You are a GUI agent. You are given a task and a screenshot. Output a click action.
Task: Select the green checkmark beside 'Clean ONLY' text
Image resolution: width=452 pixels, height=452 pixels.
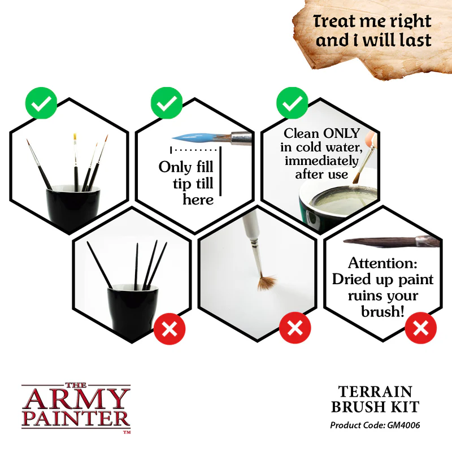pos(292,103)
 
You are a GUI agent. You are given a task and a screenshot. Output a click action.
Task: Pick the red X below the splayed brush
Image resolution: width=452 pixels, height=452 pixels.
pos(294,328)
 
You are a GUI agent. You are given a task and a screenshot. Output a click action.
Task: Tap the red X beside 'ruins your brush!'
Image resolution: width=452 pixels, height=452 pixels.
pos(420,328)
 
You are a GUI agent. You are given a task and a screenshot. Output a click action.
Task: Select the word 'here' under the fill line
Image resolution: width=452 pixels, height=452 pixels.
pos(198,199)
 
